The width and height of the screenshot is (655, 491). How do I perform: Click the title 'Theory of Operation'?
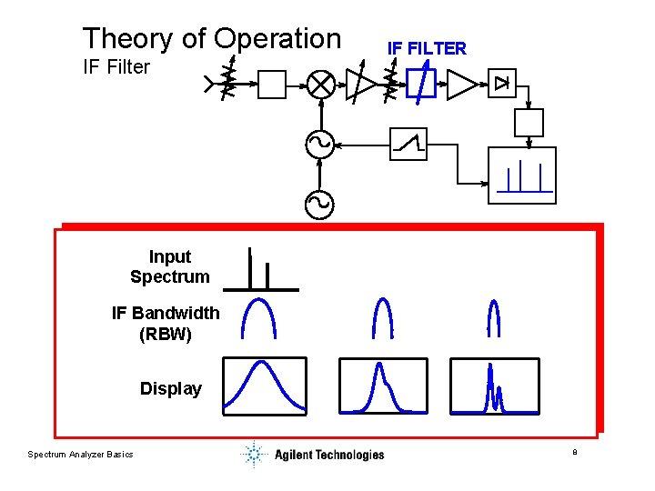[211, 38]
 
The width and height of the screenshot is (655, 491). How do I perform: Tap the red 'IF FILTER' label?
[427, 48]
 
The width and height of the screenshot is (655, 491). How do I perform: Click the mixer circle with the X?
[319, 85]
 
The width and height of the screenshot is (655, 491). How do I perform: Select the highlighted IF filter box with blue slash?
[420, 85]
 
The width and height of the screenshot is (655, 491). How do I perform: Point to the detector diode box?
[503, 84]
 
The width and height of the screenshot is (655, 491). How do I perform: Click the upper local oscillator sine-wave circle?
[319, 144]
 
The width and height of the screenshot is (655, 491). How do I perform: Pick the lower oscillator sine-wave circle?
[319, 204]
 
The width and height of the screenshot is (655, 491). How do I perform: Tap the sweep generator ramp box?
[408, 144]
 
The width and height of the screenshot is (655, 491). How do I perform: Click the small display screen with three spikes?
[521, 175]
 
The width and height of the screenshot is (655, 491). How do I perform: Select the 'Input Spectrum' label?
[170, 266]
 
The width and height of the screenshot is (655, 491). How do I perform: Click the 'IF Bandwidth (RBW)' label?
[166, 323]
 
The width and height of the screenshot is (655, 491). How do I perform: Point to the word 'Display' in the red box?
[171, 388]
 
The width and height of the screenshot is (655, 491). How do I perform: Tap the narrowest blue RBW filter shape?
[494, 318]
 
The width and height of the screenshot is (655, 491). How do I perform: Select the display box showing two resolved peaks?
[494, 386]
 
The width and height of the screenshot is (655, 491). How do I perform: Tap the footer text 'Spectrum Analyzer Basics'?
[80, 454]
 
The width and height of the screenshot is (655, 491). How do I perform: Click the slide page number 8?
[574, 452]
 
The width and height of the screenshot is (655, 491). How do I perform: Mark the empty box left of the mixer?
[272, 85]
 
